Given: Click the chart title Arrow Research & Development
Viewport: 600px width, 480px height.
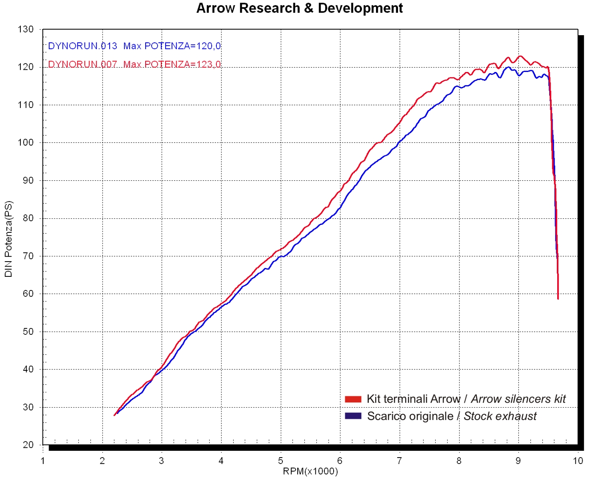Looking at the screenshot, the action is point(299,8).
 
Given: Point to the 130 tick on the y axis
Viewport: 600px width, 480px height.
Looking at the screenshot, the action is point(26,29).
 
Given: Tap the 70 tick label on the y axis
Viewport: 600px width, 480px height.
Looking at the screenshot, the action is point(28,256).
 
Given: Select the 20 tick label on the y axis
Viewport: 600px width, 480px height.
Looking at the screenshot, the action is point(28,444).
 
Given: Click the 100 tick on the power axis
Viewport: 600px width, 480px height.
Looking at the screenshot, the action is point(26,143).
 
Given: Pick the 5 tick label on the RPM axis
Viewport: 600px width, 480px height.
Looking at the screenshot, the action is point(280,461).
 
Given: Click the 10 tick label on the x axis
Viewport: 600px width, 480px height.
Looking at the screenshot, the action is point(578,461).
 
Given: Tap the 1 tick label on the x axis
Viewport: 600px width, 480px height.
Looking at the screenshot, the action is point(43,461).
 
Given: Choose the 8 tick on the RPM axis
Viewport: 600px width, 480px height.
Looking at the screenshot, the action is point(459,461).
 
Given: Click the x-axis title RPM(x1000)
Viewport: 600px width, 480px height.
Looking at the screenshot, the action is point(310,472).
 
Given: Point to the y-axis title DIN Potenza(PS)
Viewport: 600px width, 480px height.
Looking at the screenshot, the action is point(8,239).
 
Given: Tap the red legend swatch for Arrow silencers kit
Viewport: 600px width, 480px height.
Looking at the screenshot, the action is point(353,399).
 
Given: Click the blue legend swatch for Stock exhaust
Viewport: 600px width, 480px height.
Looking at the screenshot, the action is point(353,416).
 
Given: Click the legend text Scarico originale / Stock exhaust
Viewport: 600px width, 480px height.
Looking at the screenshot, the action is point(452,416).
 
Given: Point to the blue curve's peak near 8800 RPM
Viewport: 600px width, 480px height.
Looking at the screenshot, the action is point(509,67).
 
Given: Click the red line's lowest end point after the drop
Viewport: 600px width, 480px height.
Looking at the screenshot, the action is point(558,299).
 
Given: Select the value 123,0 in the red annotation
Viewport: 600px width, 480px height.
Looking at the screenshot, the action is point(209,64).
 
